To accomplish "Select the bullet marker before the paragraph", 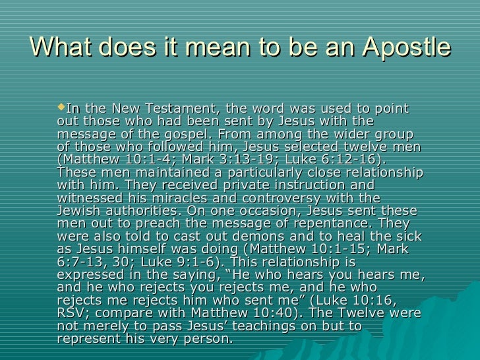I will point(63,108).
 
